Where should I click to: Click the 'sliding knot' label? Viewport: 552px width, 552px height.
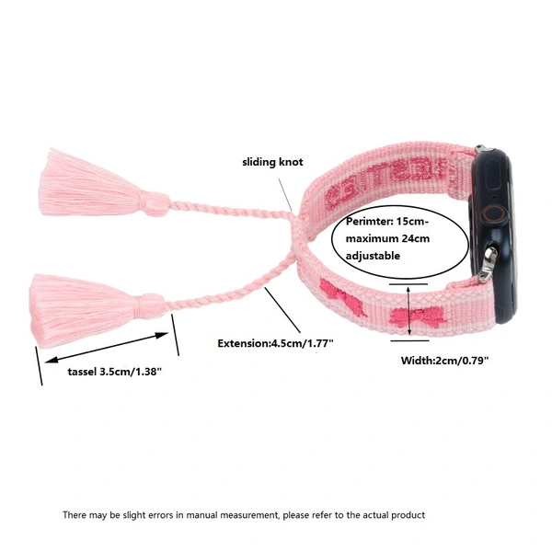(x=272, y=162)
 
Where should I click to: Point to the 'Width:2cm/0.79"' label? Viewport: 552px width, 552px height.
(x=444, y=361)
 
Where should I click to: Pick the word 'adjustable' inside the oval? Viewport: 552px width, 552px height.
(x=373, y=255)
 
